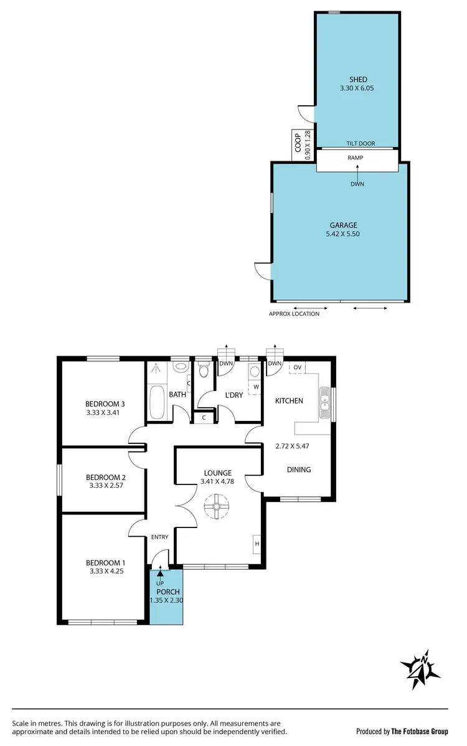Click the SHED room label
pos(357,79)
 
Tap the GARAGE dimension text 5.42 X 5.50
pos(344,234)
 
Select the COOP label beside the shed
pos(298,143)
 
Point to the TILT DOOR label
pos(361,143)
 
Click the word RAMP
pos(356,158)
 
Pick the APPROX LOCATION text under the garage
pos(294,314)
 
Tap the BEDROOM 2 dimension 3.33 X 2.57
pos(104,486)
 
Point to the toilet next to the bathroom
pos(204,371)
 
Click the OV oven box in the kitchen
pos(297,367)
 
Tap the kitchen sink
pos(325,402)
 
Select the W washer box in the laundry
pos(255,387)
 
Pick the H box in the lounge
pos(257,544)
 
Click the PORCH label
pos(168,592)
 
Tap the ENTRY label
pos(159,537)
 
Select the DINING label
pos(298,470)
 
